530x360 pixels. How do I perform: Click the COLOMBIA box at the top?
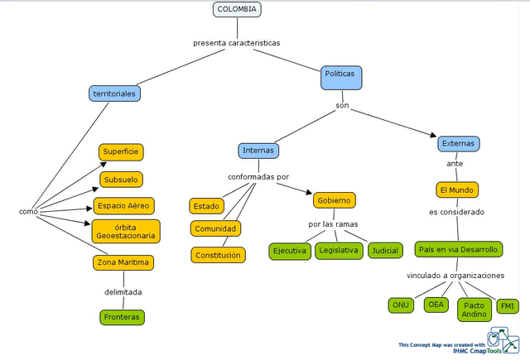tap(238, 10)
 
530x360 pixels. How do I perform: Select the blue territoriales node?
tap(114, 94)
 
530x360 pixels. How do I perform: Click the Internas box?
tap(258, 151)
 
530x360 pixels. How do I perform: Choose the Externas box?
tap(458, 144)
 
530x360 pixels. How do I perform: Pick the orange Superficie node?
tap(121, 151)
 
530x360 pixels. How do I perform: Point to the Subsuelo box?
tap(121, 179)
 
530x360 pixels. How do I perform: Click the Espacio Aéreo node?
tap(123, 206)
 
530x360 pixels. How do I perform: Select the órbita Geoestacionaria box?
tap(126, 231)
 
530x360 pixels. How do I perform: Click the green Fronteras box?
tap(122, 317)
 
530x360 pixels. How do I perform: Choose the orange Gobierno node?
tap(334, 200)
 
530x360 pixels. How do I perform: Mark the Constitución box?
tap(219, 255)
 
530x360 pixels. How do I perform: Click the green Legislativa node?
tap(338, 250)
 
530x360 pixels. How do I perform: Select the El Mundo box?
tap(457, 190)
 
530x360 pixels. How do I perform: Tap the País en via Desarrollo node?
tap(458, 249)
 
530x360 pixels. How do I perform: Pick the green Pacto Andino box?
tap(475, 310)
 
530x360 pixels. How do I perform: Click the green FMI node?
tap(507, 307)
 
